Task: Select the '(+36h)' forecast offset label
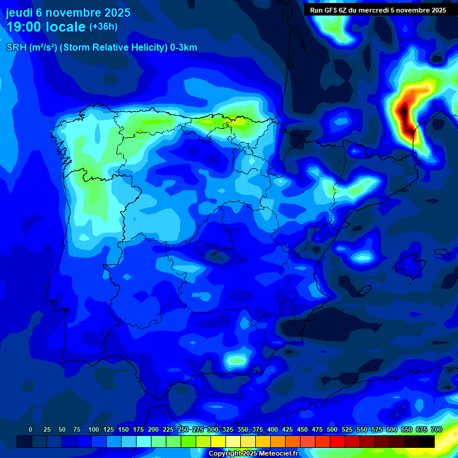(103, 27)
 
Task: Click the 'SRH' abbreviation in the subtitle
(16, 48)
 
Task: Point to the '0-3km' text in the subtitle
(184, 48)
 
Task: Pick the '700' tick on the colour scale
(436, 430)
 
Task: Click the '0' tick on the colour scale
(30, 430)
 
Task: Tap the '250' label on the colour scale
(183, 430)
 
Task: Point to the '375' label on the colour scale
(258, 430)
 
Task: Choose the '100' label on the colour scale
(94, 430)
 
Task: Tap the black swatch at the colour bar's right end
(427, 441)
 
